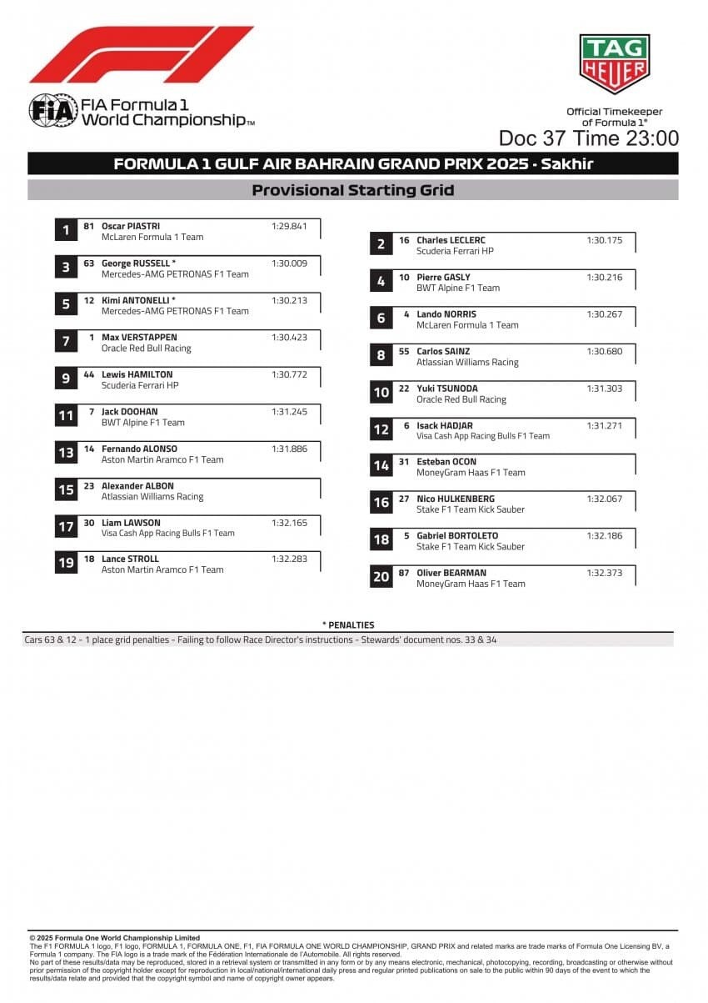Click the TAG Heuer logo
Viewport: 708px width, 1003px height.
[x=614, y=64]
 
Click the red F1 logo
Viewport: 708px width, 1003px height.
[x=142, y=54]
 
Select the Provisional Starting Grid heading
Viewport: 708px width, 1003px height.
[x=353, y=190]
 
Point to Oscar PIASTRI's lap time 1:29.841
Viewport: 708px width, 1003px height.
[x=289, y=226]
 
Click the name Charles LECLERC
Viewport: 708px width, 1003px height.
[x=451, y=240]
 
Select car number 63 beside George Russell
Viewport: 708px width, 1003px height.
[x=89, y=263]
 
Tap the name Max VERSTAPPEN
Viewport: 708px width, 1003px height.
[x=139, y=338]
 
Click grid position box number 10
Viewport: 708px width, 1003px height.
[x=381, y=393]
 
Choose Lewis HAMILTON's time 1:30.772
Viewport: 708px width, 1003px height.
[x=289, y=374]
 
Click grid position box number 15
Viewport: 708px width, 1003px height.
[x=66, y=490]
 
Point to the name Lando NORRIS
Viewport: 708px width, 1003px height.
[x=446, y=314]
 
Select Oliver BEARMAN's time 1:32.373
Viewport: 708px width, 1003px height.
[x=604, y=573]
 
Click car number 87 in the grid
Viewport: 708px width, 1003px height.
[x=404, y=573]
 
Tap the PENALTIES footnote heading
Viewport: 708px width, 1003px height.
[x=348, y=625]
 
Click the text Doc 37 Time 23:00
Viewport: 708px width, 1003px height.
[x=588, y=138]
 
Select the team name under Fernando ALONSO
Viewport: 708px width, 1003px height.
[x=162, y=459]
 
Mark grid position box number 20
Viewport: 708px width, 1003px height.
[x=381, y=577]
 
